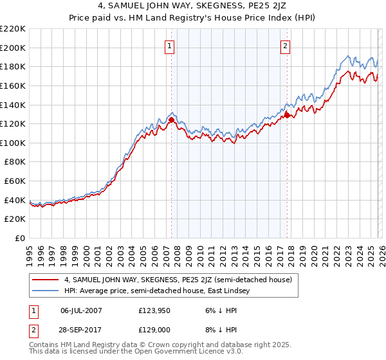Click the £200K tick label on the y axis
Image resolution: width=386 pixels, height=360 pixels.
pos(14,48)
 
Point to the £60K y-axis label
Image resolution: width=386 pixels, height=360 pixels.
pos(15,181)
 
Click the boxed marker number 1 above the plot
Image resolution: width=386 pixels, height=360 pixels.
pos(169,45)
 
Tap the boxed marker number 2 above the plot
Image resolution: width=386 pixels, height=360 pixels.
pos(284,45)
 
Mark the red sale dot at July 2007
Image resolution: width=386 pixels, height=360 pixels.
pos(171,120)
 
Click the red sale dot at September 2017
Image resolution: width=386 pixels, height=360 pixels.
pos(287,115)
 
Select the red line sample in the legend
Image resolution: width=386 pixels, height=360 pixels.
pos(45,280)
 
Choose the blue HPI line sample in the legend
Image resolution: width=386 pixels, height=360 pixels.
pos(45,291)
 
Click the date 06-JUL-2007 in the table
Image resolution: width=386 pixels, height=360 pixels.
pos(82,309)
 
